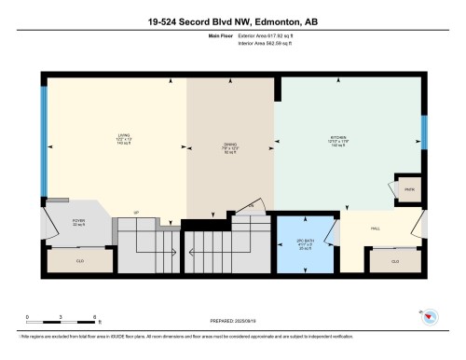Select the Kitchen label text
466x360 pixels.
337,141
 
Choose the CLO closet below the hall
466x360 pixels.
395,261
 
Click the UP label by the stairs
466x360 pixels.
136,213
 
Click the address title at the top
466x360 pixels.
232,21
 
